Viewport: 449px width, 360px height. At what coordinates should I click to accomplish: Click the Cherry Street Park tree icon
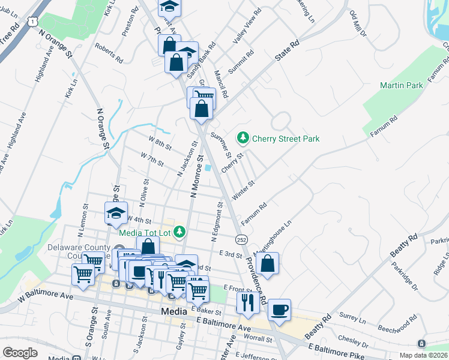point(243,139)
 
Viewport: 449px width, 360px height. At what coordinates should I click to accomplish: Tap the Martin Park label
point(402,85)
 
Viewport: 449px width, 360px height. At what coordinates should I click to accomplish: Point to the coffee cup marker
point(279,310)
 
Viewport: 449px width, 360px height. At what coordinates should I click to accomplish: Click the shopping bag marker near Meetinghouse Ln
point(267,263)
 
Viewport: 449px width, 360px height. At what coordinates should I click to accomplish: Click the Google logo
point(20,352)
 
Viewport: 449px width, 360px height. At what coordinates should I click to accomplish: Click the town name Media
point(175,311)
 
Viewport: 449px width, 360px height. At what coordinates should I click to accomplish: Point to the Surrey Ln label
point(353,316)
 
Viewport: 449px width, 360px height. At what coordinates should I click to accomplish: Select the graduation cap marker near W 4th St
point(116,212)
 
